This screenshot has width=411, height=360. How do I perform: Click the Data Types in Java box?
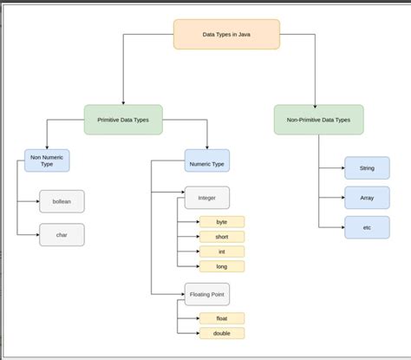[x=226, y=35]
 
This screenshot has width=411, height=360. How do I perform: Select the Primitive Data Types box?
[x=123, y=119]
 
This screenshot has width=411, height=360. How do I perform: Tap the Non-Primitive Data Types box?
[x=318, y=119]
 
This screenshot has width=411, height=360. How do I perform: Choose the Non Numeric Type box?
[x=47, y=160]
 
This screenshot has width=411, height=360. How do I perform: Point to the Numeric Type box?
[x=207, y=160]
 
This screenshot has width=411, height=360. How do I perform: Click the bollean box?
[x=62, y=201]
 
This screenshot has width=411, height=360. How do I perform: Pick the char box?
[x=62, y=234]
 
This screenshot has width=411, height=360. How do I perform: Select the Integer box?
[x=207, y=197]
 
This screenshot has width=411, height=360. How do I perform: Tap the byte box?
[x=222, y=222]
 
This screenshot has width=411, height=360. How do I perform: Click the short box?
[x=222, y=237]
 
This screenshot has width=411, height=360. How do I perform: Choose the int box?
[x=222, y=252]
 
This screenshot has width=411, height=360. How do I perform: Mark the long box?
[x=222, y=266]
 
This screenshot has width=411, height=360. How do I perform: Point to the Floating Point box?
[x=207, y=293]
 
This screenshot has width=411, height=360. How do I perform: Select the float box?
[x=222, y=318]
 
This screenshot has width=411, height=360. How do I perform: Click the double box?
[x=222, y=333]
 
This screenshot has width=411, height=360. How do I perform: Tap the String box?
[x=367, y=167]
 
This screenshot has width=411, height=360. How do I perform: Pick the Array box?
[x=367, y=197]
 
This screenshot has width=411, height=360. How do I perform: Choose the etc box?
[x=367, y=227]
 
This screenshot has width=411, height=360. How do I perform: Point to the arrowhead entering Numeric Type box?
[x=207, y=147]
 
